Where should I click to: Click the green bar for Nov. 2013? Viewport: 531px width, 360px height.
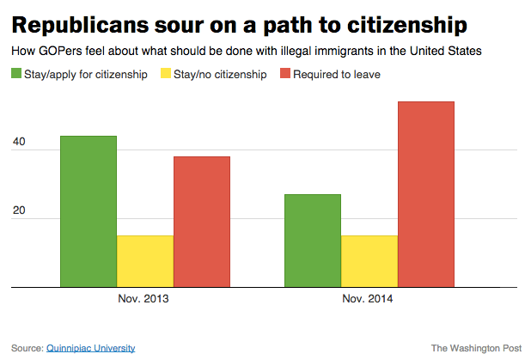(88, 211)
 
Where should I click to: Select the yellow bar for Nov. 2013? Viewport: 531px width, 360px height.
(144, 260)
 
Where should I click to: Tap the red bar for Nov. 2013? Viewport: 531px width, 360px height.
(201, 221)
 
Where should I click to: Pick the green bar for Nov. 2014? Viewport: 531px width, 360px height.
(313, 240)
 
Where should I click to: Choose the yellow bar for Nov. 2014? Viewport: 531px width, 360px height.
(369, 260)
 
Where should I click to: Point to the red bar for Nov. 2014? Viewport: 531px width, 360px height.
(425, 193)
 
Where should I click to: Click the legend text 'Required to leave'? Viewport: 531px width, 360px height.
(337, 74)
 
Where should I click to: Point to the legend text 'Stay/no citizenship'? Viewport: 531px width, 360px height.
(218, 74)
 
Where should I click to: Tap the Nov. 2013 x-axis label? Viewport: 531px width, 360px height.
(143, 300)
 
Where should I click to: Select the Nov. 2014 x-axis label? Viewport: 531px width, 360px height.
(369, 300)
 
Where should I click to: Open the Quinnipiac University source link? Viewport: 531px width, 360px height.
(90, 348)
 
